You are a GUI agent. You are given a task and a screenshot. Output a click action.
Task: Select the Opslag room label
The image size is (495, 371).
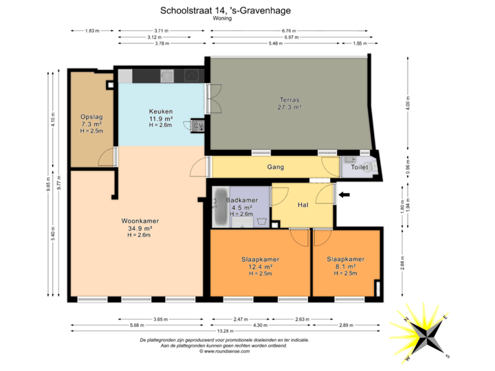(x=91, y=117)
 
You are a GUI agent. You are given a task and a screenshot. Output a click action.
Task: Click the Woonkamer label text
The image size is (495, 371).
(x=140, y=221)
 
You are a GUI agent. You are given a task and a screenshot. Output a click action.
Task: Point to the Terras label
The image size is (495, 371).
(x=289, y=100)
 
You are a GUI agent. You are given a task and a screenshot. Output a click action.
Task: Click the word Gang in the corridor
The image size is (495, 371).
(x=276, y=167)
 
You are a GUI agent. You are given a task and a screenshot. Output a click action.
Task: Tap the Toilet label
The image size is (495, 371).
(x=360, y=167)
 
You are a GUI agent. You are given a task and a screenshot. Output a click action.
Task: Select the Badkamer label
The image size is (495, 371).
(x=241, y=200)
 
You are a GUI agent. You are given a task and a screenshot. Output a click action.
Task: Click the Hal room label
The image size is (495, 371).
(x=302, y=205)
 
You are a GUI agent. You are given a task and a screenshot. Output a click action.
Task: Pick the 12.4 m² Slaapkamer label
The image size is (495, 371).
(x=260, y=259)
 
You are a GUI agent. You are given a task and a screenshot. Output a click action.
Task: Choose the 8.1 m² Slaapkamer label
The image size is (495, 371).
(x=345, y=259)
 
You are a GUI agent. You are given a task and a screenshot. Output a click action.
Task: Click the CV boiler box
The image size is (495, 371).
(x=197, y=126)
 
